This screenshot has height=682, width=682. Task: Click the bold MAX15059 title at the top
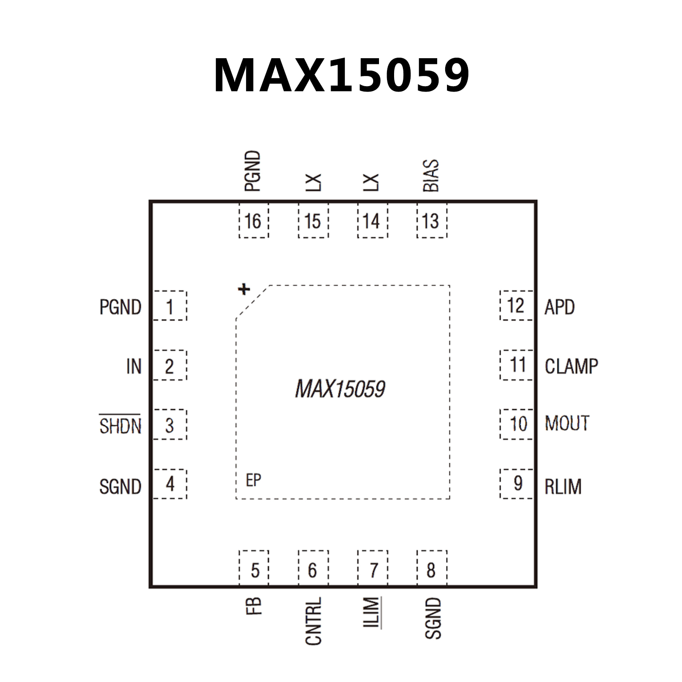[x=341, y=76]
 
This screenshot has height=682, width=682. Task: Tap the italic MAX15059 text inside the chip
[x=340, y=389]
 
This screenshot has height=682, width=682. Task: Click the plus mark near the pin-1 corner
[x=243, y=289]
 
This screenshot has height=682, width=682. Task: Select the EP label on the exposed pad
[x=253, y=480]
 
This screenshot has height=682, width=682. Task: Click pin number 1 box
[x=170, y=306]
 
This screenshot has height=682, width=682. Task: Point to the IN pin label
[x=134, y=367]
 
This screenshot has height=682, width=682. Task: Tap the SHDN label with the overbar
[x=120, y=426]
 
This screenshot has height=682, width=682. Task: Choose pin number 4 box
[x=170, y=484]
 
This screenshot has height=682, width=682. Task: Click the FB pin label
[x=254, y=606]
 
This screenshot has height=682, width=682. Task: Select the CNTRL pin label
[x=313, y=621]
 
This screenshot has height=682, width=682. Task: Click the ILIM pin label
[x=372, y=612]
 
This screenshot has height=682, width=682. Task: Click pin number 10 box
[x=517, y=424]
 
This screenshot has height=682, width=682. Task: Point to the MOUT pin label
[x=567, y=423]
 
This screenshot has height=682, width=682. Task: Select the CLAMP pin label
[x=571, y=367]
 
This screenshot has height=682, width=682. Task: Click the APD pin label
[x=559, y=307]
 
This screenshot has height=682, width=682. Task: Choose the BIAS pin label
[x=431, y=175]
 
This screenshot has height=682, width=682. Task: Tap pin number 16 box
[x=254, y=221]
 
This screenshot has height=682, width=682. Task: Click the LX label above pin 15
[x=314, y=183]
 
